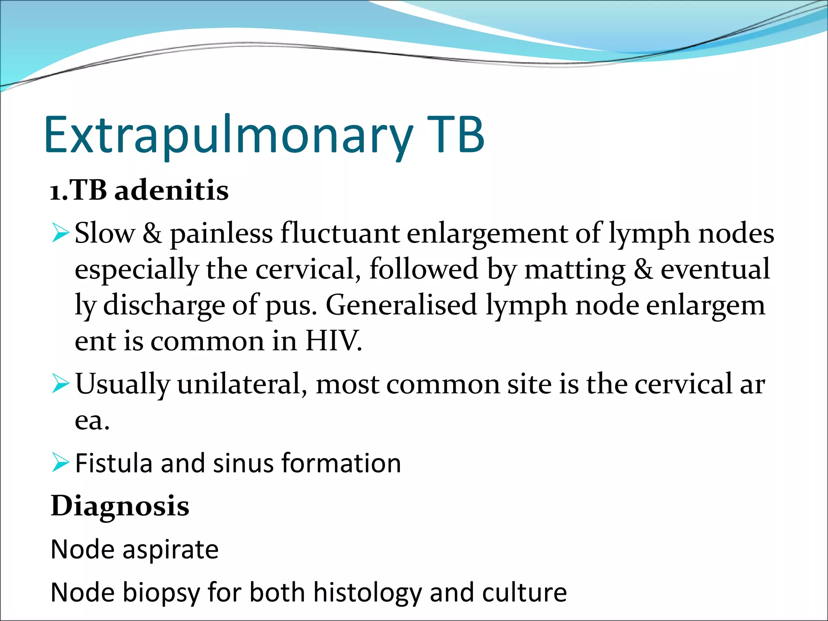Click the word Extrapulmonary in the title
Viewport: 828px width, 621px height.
[x=228, y=135]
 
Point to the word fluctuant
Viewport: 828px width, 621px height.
[x=340, y=234]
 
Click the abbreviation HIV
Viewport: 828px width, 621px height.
[x=333, y=341]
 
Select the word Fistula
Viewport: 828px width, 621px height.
[x=114, y=463]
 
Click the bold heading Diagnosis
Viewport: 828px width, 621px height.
[x=120, y=506]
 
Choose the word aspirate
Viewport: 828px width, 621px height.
[x=170, y=550]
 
